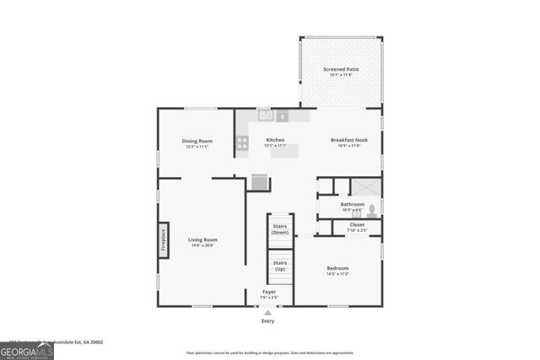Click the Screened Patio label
(340, 69)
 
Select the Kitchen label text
(275, 140)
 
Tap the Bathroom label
(352, 204)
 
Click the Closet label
(357, 225)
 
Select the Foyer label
(268, 292)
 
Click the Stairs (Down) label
(280, 228)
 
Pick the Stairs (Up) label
(280, 265)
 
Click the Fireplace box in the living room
(164, 239)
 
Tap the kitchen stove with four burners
(242, 143)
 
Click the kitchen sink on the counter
(266, 116)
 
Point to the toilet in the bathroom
(372, 210)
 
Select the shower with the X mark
(365, 186)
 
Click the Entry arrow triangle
(268, 313)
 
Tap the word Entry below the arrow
(268, 321)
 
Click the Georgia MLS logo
(27, 351)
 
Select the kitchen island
(284, 151)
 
